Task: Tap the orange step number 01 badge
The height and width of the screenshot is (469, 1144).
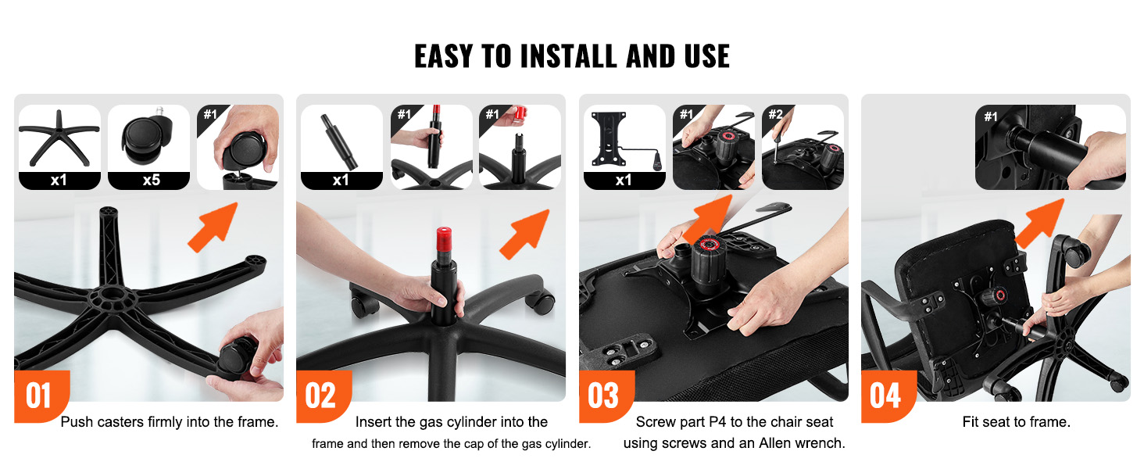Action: pyautogui.click(x=40, y=396)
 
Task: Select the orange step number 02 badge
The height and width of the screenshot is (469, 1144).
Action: pyautogui.click(x=322, y=396)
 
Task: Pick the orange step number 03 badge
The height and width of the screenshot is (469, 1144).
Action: pyautogui.click(x=605, y=396)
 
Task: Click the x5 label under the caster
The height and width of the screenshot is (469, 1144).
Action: pyautogui.click(x=151, y=180)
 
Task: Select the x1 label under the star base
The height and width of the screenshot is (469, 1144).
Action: pyautogui.click(x=59, y=180)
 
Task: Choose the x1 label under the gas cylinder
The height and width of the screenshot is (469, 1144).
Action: pyautogui.click(x=341, y=180)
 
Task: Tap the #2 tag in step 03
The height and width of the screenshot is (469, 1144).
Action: pyautogui.click(x=775, y=114)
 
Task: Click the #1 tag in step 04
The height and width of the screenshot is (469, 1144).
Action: pyautogui.click(x=991, y=116)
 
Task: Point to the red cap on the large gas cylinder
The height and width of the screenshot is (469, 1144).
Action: pyautogui.click(x=443, y=239)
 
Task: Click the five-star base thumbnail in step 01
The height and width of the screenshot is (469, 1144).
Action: pyautogui.click(x=59, y=138)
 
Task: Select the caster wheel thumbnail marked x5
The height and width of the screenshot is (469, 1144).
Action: pyautogui.click(x=147, y=138)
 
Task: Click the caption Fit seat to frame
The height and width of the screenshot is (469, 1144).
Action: pyautogui.click(x=1017, y=422)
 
